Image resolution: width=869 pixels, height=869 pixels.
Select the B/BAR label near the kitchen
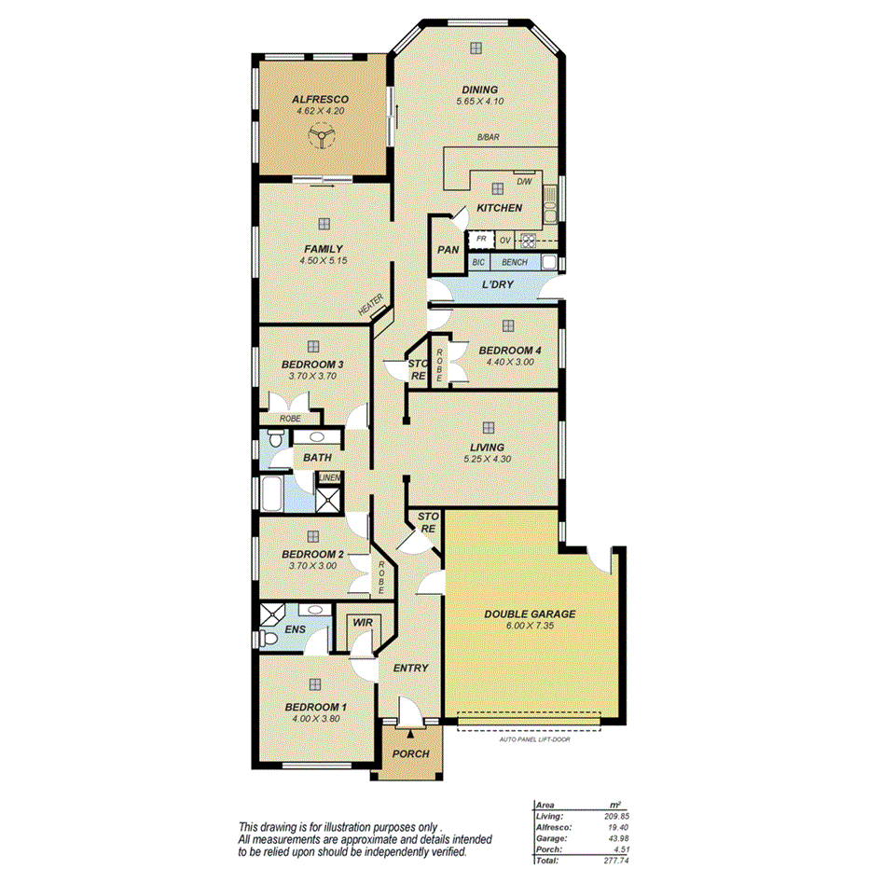(x=489, y=138)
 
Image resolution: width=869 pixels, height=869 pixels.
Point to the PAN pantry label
(x=448, y=250)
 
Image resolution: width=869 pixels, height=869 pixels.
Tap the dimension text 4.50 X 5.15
(x=323, y=261)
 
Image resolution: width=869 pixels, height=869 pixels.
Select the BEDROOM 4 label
(x=510, y=351)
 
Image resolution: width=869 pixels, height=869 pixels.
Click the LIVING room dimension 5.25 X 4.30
(x=486, y=459)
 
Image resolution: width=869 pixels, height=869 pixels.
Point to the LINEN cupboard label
(x=329, y=478)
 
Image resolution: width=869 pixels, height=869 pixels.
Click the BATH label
(x=317, y=458)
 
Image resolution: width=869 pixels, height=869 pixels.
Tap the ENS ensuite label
(x=295, y=629)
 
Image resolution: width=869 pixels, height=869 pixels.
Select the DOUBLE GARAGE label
(x=529, y=614)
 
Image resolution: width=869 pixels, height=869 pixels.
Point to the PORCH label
(x=409, y=753)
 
